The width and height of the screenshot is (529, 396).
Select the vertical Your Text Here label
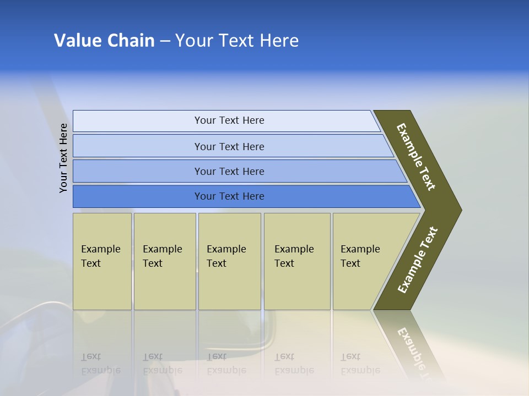[x=63, y=158]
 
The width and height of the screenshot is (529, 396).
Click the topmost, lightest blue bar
[x=229, y=120]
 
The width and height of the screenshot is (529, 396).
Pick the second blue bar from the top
[x=229, y=146]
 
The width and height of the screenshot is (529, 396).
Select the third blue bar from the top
[x=229, y=171]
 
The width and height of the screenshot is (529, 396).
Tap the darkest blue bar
[x=229, y=196]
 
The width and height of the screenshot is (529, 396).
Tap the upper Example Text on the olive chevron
[x=417, y=157]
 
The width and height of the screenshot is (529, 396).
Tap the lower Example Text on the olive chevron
[x=418, y=260]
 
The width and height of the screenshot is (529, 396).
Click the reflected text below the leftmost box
[x=101, y=364]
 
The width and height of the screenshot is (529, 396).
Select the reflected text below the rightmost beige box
[x=360, y=364]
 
